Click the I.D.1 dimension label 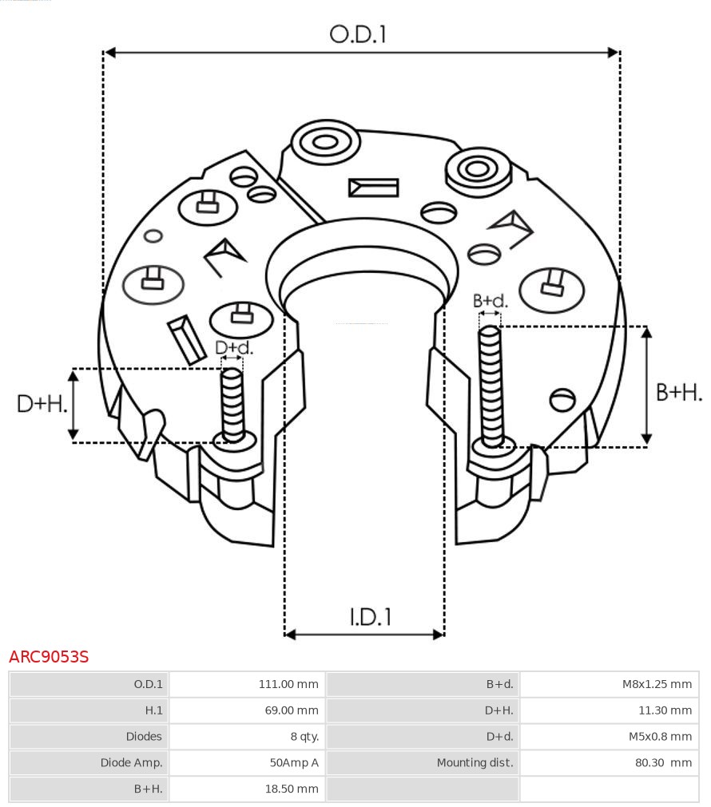[370, 616]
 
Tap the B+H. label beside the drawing [679, 392]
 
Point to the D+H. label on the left [42, 404]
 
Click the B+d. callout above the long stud [490, 301]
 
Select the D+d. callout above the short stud [234, 348]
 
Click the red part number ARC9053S [49, 657]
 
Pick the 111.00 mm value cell [247, 684]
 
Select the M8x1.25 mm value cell [609, 684]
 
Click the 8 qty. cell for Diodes [247, 737]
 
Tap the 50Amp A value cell [247, 763]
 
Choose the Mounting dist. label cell [423, 763]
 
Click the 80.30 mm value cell [609, 763]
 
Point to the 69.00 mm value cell [247, 710]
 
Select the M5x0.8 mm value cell [609, 737]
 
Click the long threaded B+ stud [491, 383]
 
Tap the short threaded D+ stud [233, 403]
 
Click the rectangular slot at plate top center [373, 188]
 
